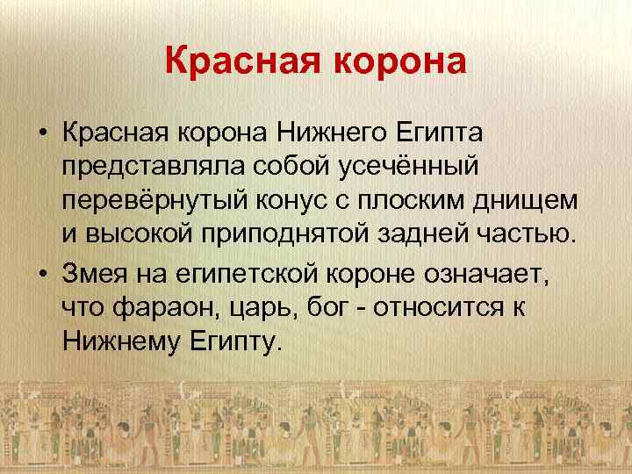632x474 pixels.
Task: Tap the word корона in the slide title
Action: [395, 63]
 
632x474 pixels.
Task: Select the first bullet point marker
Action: [42, 133]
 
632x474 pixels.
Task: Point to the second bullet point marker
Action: [42, 276]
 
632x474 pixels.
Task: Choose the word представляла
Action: [137, 168]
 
